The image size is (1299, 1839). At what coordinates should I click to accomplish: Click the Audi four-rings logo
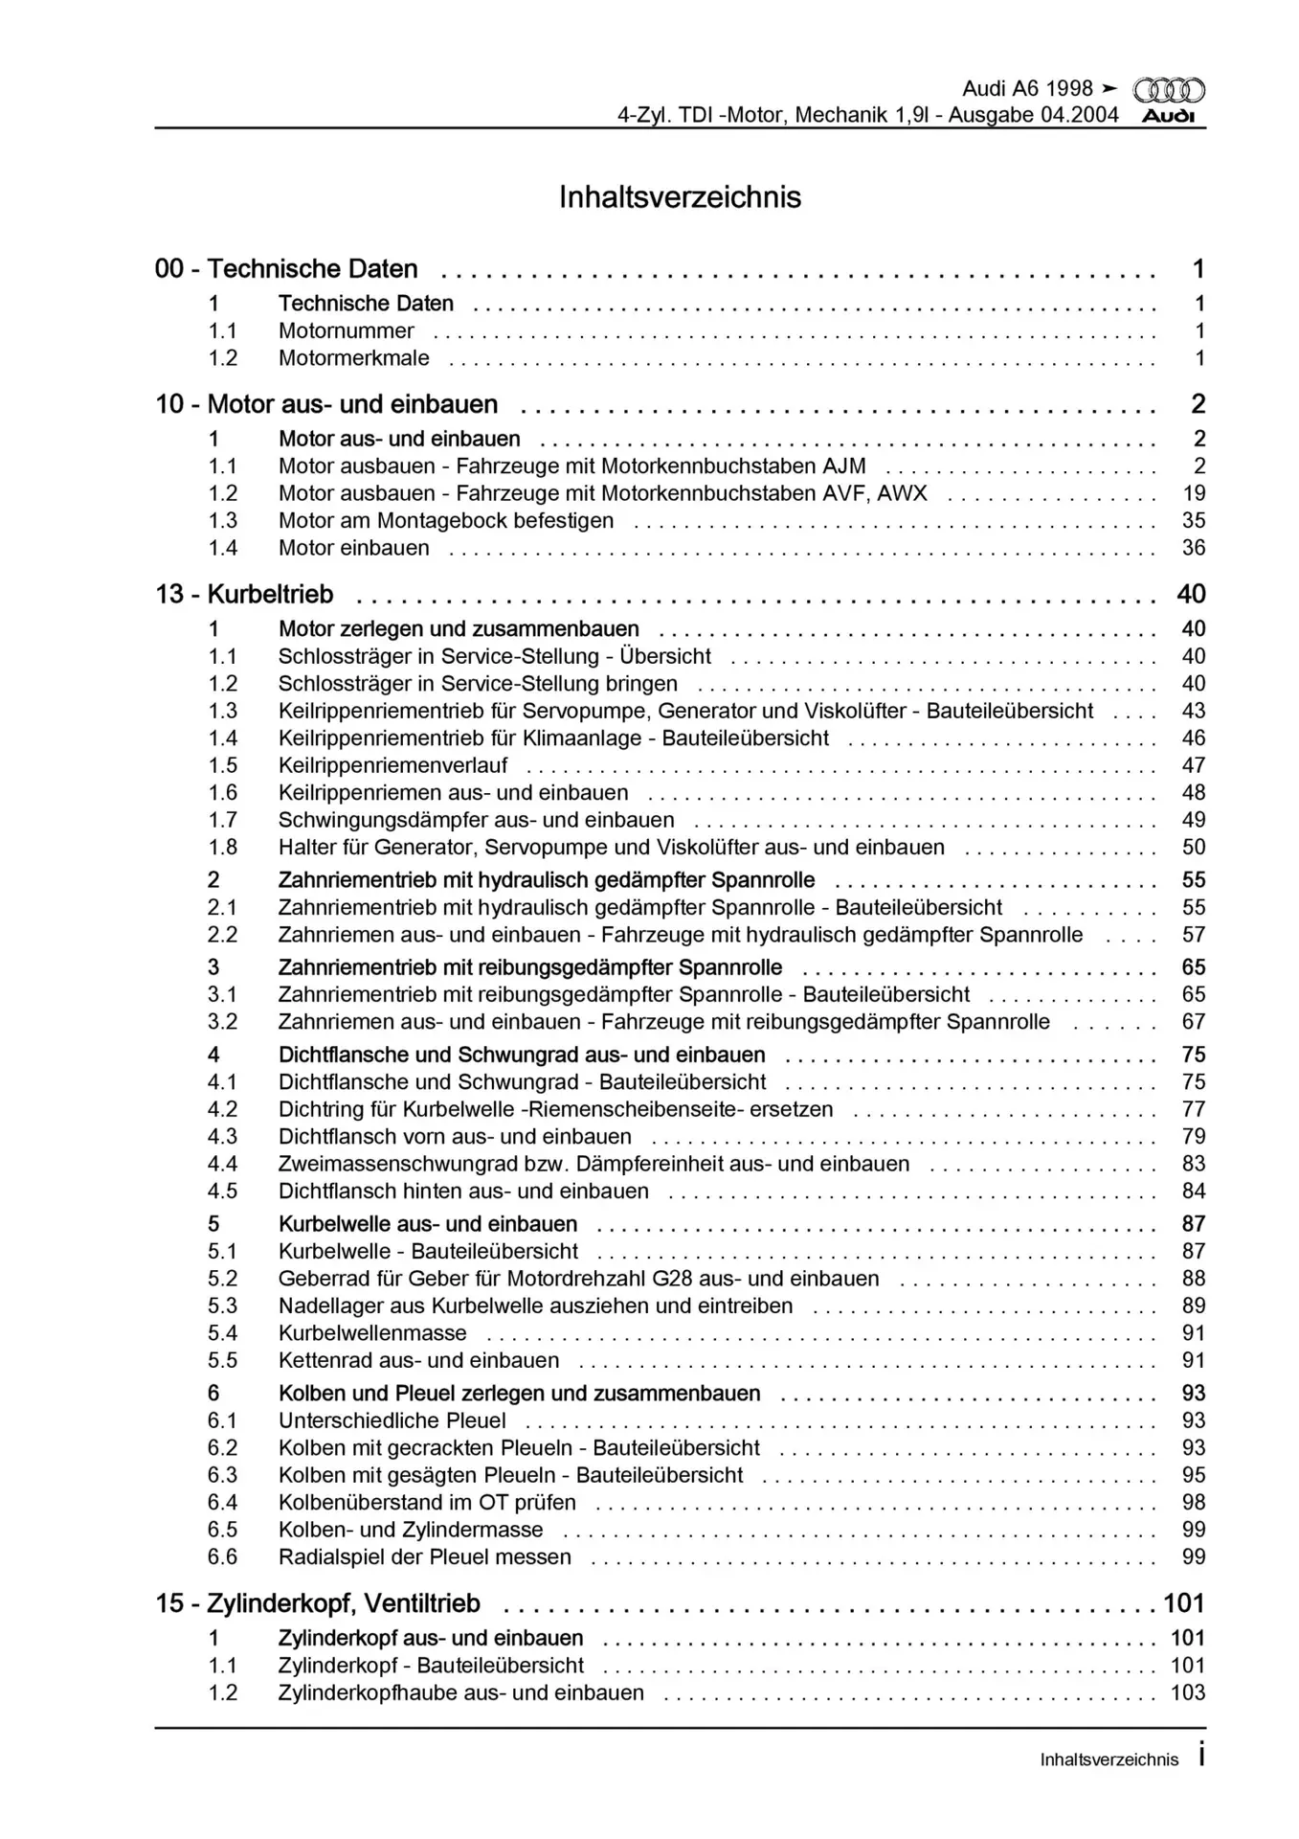[x=1169, y=91]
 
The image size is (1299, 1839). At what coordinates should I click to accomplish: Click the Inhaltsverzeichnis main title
[x=680, y=197]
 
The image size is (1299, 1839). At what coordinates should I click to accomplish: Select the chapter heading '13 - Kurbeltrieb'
[x=245, y=595]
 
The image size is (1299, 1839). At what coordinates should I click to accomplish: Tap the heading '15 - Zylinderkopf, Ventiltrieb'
[x=318, y=1604]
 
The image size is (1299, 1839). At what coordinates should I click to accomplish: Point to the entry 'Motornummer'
[x=346, y=331]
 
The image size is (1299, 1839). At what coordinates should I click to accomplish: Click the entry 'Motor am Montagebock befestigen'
[x=446, y=521]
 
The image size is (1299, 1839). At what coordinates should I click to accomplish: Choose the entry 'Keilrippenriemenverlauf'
[x=392, y=766]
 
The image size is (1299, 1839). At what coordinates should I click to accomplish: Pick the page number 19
[x=1194, y=494]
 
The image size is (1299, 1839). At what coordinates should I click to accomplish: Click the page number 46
[x=1194, y=738]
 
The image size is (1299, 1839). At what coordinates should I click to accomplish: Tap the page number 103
[x=1188, y=1693]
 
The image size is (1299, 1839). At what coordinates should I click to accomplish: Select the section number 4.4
[x=222, y=1165]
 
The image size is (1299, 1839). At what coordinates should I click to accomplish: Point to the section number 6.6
[x=222, y=1557]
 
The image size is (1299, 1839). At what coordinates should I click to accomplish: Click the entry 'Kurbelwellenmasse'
[x=372, y=1333]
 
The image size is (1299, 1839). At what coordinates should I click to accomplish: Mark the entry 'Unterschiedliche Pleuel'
[x=392, y=1421]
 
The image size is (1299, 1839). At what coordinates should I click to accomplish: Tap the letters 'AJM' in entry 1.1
[x=843, y=466]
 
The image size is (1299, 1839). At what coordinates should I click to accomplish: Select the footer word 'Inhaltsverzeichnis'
[x=1109, y=1760]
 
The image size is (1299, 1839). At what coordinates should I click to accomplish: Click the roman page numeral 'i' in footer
[x=1200, y=1758]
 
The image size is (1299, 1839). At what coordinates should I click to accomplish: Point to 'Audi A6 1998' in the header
[x=1026, y=89]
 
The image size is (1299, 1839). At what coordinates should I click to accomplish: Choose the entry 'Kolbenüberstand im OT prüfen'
[x=427, y=1503]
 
